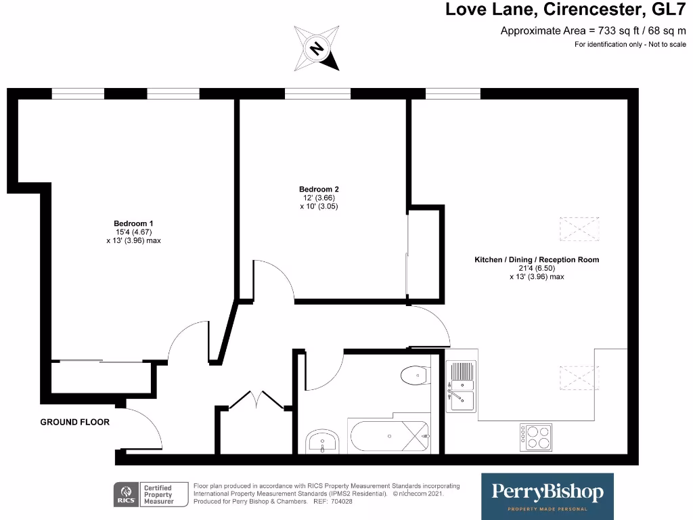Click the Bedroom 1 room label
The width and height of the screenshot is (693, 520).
coord(133,223)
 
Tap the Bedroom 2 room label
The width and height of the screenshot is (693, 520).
coord(318,189)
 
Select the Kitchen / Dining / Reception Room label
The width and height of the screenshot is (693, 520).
coord(536,259)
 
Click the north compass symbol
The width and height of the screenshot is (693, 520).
coord(317,48)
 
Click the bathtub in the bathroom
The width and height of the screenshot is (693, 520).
coord(388,437)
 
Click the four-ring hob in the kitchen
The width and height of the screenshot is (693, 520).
coord(535,437)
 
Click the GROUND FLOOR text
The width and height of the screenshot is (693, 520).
coord(74,422)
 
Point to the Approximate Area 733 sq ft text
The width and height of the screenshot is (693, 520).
coord(593,30)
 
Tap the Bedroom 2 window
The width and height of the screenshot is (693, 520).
coord(317,94)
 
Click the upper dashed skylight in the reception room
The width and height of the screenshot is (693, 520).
coord(579,228)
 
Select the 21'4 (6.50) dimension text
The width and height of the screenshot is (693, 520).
coord(536,268)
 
